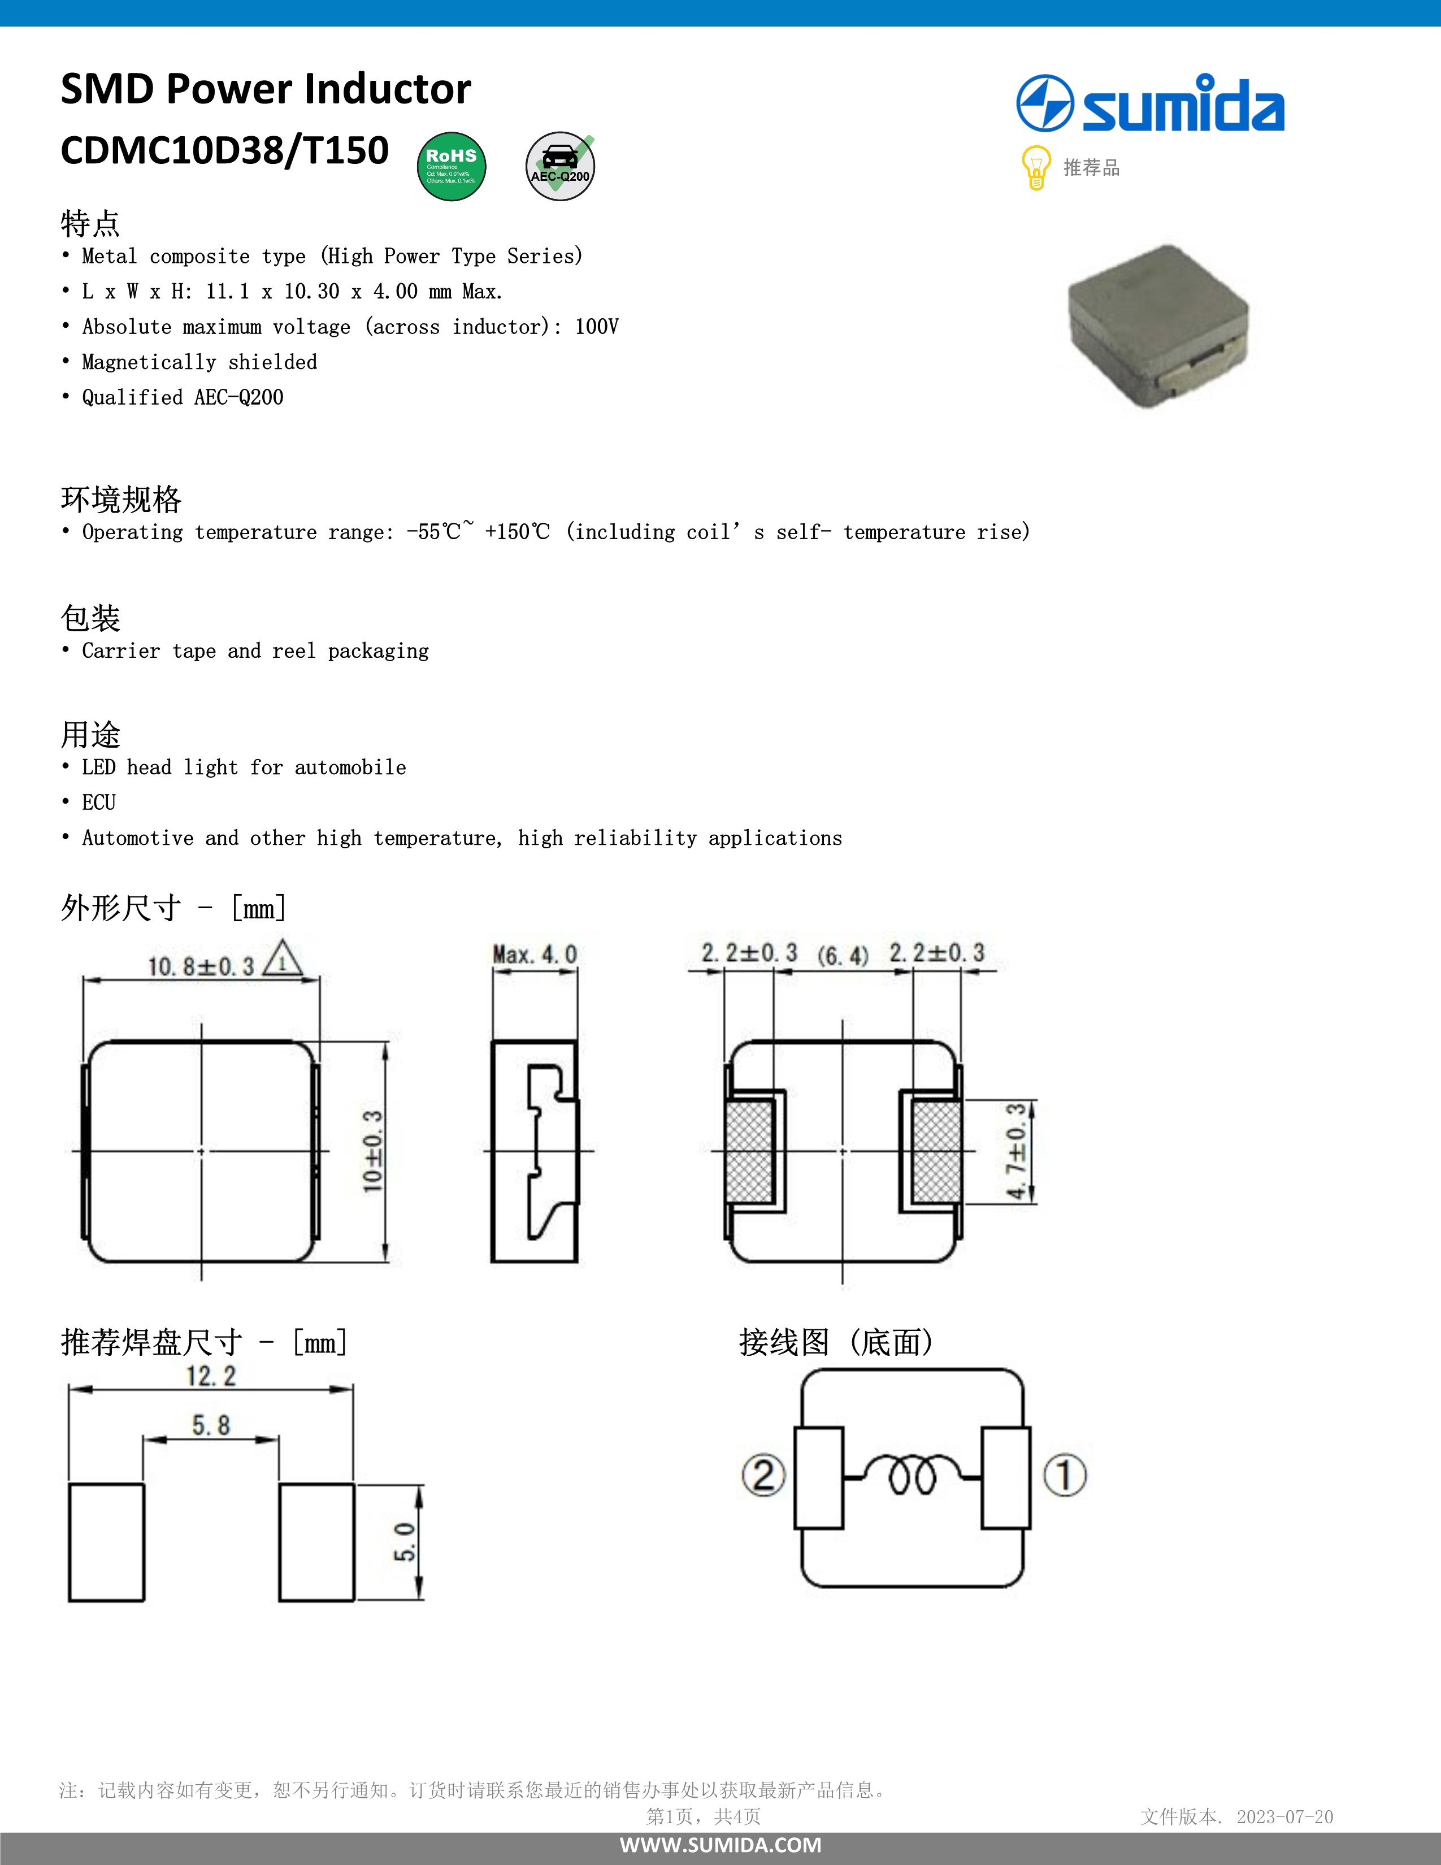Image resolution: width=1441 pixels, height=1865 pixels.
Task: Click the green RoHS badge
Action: click(x=452, y=167)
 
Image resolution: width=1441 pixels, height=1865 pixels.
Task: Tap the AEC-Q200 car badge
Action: click(x=560, y=167)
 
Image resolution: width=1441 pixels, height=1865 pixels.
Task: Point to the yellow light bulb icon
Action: click(x=1035, y=167)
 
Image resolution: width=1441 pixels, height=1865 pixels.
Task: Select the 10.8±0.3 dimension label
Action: click(x=202, y=966)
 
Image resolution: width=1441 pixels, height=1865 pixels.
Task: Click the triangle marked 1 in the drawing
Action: click(x=282, y=960)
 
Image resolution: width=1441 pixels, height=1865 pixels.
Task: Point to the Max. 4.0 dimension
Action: click(x=535, y=955)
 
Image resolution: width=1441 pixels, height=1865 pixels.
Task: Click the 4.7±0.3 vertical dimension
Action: click(x=1016, y=1151)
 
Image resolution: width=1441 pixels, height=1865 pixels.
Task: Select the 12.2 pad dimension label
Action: click(x=211, y=1376)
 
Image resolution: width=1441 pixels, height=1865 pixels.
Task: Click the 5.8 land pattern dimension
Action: click(x=211, y=1424)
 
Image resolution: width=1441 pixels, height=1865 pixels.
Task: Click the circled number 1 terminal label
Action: click(x=1065, y=1474)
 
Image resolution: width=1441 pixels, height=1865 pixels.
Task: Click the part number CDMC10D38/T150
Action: click(x=224, y=150)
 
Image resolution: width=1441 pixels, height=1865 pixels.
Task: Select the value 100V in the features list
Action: click(x=597, y=327)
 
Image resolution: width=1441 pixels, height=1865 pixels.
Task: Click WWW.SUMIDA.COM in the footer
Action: click(x=720, y=1845)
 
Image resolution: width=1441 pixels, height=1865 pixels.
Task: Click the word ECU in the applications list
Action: click(x=99, y=803)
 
